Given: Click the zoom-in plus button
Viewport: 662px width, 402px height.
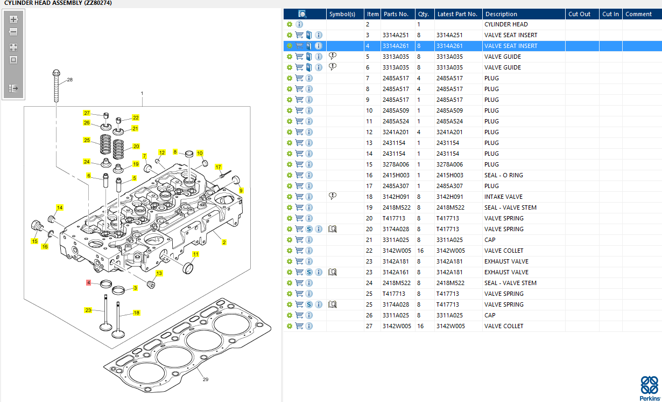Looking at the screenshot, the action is point(13,19).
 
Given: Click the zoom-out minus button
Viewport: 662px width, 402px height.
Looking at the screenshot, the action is point(13,32).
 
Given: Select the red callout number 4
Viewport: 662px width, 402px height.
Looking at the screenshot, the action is point(89,282).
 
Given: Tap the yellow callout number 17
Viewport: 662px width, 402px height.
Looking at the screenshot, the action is point(218,167).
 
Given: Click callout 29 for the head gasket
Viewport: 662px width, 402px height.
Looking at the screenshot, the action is point(206,379).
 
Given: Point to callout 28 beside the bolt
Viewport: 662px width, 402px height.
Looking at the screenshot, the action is point(70,80).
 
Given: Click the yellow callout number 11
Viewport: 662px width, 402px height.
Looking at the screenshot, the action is point(196,254).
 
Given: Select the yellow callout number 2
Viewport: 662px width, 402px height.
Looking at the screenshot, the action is point(224,242).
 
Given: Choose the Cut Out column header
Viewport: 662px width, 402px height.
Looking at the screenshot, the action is point(579,14).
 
